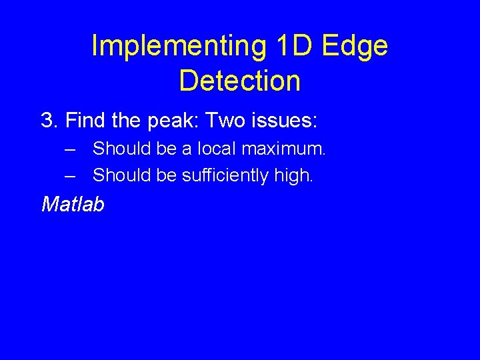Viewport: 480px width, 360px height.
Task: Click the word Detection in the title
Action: point(240,81)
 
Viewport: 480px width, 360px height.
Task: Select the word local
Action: point(207,148)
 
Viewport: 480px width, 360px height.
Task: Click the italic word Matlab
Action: point(73,204)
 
